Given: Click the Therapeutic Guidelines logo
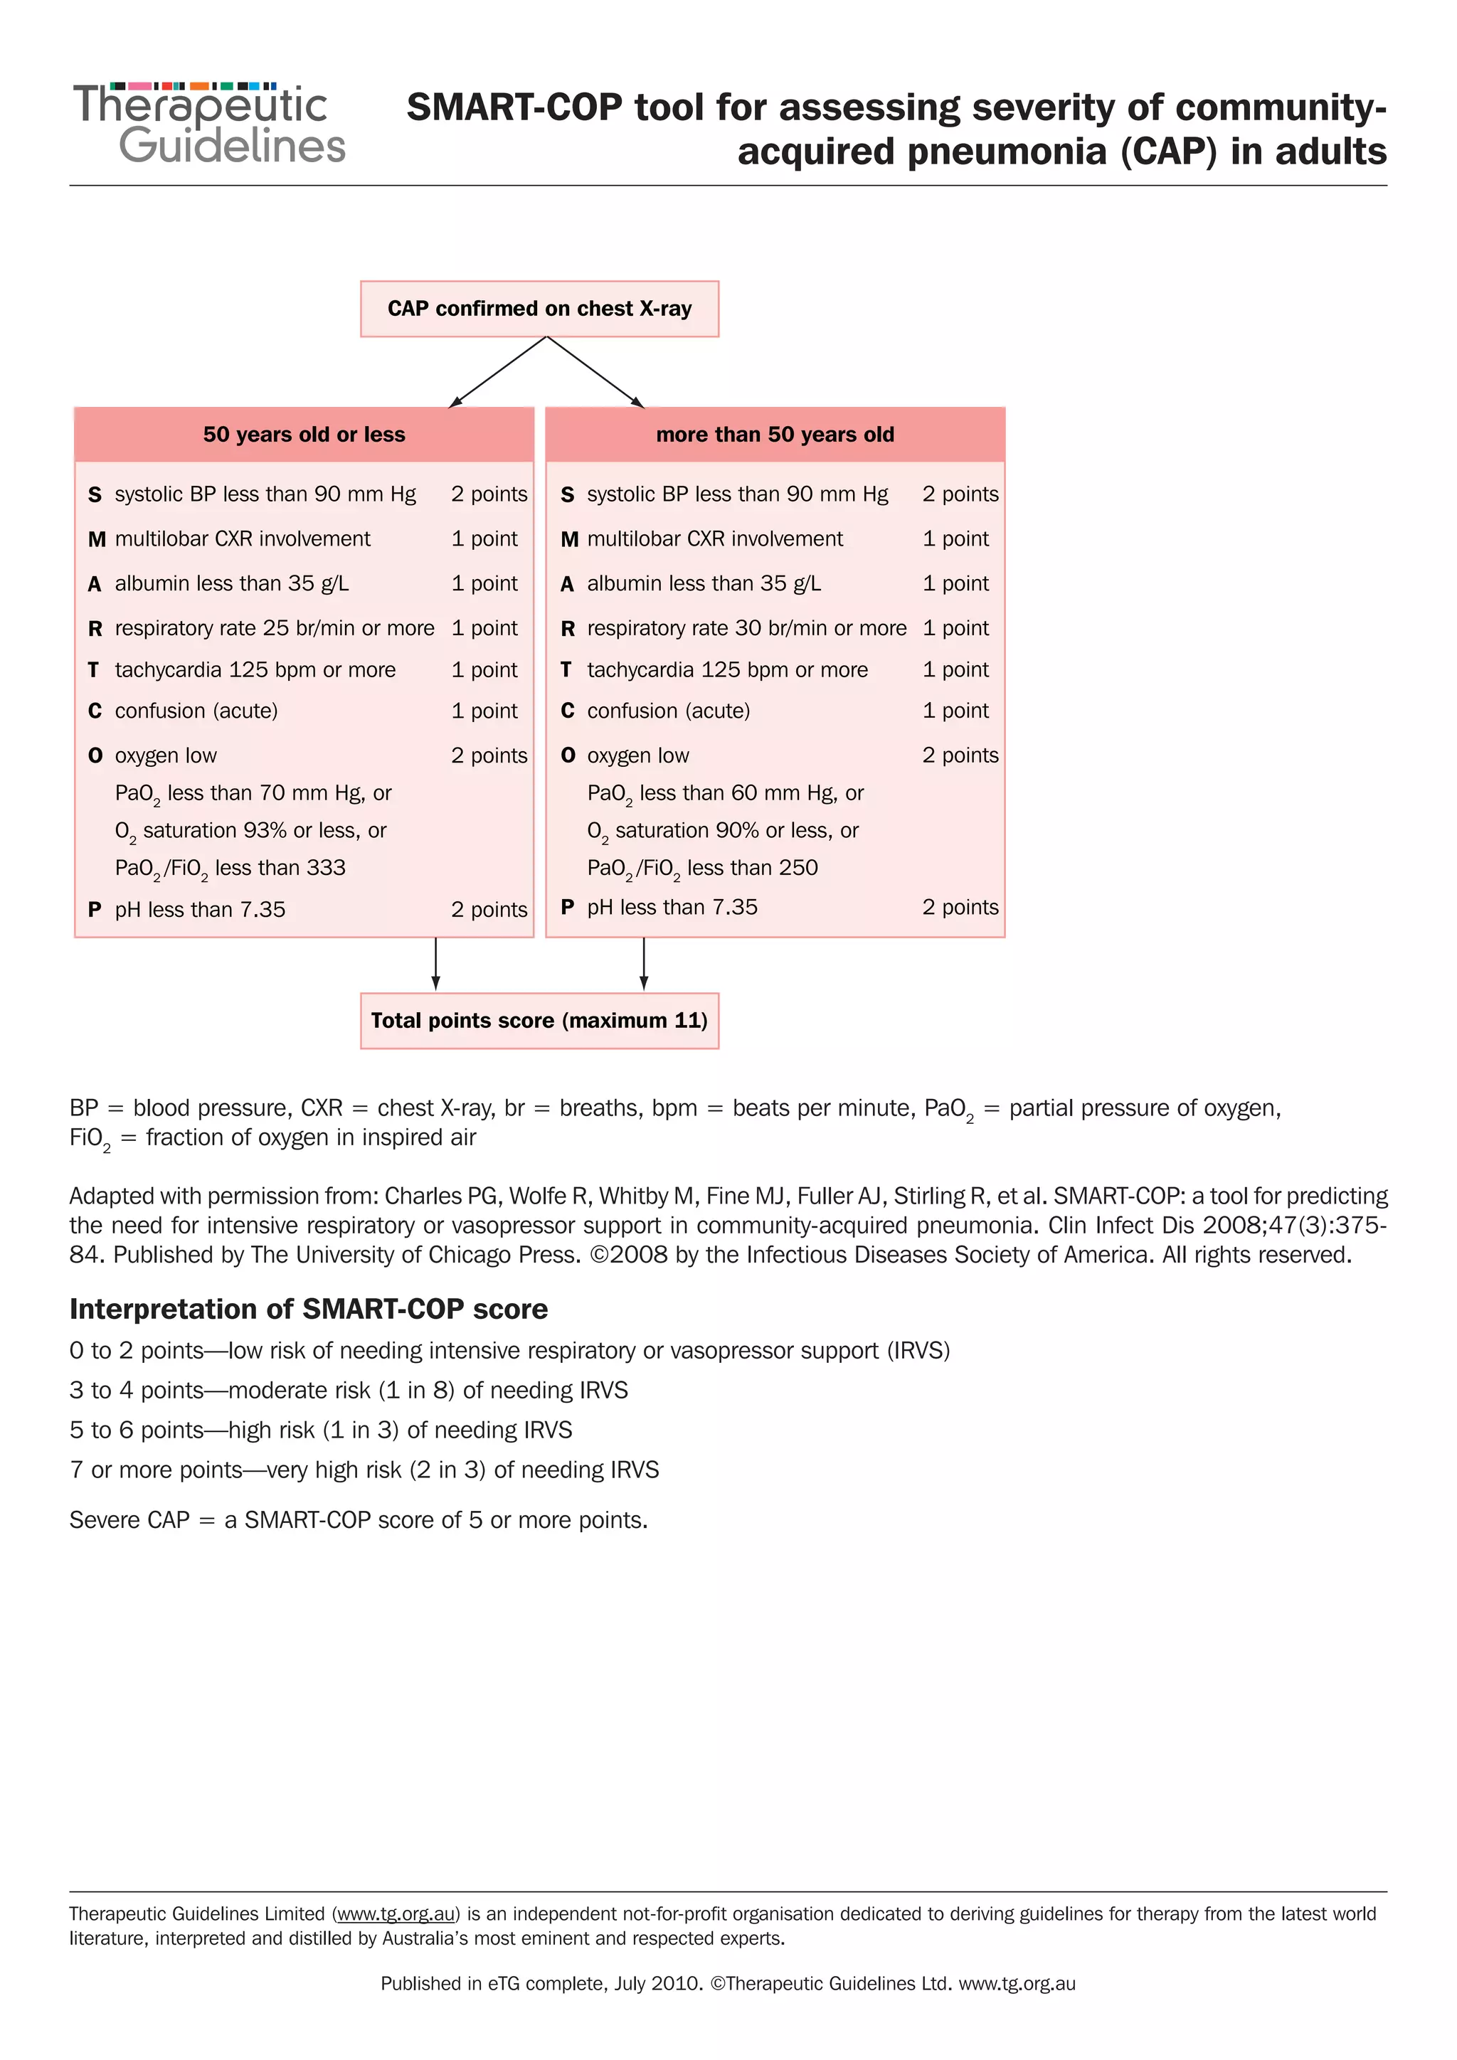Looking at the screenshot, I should coord(208,124).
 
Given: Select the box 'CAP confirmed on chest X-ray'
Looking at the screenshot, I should coord(539,309).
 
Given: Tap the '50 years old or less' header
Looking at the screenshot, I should coord(304,434).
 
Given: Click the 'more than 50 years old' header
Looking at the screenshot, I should coord(775,434).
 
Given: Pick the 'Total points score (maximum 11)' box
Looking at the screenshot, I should coord(539,1020).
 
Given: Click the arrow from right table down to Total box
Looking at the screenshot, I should coord(643,964).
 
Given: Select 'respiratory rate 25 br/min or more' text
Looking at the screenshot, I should coord(274,628).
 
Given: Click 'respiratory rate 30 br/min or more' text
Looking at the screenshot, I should coord(746,628).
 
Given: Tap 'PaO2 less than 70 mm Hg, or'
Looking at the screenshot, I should coord(253,793).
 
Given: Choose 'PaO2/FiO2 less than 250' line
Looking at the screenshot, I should coord(702,868).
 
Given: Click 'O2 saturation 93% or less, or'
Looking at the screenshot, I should coord(250,831).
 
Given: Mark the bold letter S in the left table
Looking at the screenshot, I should coord(94,494).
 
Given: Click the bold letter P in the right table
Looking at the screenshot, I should coord(567,907).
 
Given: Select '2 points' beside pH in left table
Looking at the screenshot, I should coord(489,910).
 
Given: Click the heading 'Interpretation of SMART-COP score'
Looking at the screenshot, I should coord(309,1309).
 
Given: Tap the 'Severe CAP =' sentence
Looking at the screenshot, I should coord(358,1520).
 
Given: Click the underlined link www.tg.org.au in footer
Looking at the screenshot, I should coord(396,1913).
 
